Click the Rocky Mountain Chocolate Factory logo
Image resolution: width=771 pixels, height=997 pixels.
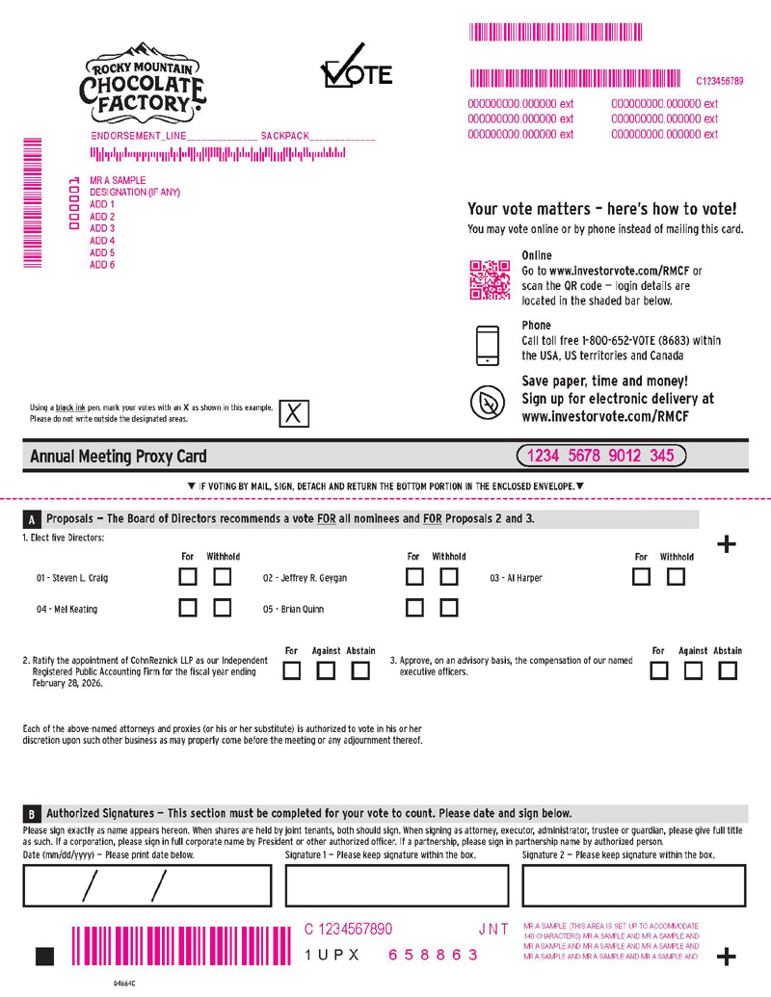[x=142, y=85]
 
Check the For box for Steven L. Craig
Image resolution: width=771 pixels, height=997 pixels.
[x=189, y=577]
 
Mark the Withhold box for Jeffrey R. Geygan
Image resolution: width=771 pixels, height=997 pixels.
[x=448, y=577]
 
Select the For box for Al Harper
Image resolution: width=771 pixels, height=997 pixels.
[x=642, y=577]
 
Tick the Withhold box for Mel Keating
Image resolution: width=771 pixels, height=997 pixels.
[x=223, y=608]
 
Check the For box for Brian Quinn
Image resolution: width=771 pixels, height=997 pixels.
[x=414, y=608]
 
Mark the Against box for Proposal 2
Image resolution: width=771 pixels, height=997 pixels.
[x=327, y=671]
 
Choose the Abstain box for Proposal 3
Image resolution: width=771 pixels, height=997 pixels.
[x=728, y=671]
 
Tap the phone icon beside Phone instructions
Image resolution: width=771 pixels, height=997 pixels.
[x=488, y=345]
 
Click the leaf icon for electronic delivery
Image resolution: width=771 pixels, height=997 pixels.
[x=488, y=402]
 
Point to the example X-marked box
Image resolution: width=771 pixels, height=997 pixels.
[x=295, y=413]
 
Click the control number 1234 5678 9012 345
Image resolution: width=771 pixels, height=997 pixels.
[x=601, y=456]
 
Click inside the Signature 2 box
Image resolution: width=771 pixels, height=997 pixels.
[x=633, y=885]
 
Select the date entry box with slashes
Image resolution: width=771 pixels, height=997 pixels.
[x=146, y=885]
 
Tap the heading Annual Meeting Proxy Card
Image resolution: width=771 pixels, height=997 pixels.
[x=119, y=457]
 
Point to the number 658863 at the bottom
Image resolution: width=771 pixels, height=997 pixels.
[x=433, y=955]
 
